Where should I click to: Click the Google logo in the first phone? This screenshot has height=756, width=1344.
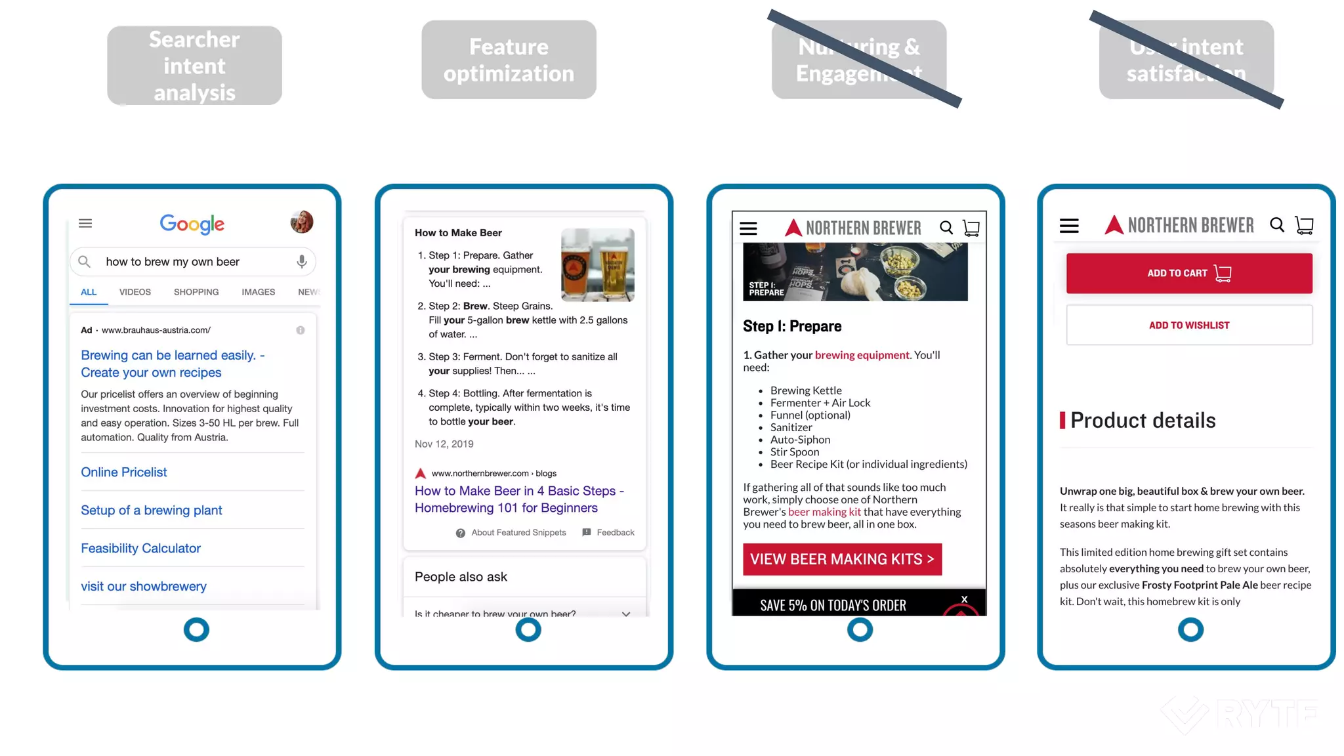[192, 224]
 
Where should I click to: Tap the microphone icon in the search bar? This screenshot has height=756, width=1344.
[301, 261]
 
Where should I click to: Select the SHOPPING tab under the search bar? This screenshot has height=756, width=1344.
[196, 292]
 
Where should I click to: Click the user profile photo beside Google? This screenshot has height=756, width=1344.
[302, 222]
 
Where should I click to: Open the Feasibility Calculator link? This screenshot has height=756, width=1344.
[140, 548]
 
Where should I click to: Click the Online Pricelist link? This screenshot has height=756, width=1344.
[123, 472]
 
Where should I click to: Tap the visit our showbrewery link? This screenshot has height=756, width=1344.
[143, 586]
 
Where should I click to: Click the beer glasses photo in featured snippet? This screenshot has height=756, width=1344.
[597, 265]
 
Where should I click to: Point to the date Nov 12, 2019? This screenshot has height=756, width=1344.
[444, 444]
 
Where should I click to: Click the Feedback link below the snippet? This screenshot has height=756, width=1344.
[615, 532]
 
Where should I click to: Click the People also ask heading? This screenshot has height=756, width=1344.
[461, 577]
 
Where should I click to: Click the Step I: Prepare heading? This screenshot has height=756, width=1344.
[791, 326]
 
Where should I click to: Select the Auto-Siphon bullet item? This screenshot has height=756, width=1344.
[799, 440]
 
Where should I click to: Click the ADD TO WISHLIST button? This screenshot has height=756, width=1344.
[1188, 325]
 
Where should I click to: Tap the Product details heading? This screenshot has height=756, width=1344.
[1143, 420]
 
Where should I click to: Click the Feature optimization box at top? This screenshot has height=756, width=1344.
[509, 60]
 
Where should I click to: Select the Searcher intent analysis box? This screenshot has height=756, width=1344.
[194, 66]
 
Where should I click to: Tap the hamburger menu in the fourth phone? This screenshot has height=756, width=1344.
[1068, 226]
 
